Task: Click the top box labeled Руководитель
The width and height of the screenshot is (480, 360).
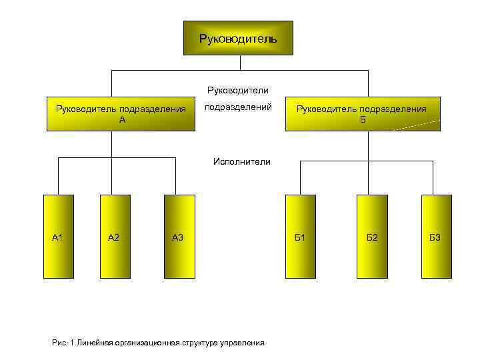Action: click(x=237, y=38)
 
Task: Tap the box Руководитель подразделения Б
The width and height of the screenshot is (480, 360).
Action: click(x=362, y=114)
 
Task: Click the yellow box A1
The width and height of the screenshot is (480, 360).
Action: click(x=59, y=236)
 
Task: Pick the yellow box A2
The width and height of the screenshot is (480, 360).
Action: click(x=114, y=236)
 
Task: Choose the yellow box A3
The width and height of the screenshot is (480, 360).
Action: click(x=178, y=236)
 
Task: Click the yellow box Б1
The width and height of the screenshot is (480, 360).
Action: click(x=300, y=236)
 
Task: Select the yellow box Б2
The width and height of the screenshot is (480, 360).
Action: click(x=371, y=236)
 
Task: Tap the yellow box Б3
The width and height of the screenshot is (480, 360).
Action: click(x=435, y=236)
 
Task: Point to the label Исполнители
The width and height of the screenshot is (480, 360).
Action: click(x=241, y=161)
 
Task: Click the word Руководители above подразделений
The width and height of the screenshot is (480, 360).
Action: click(x=238, y=90)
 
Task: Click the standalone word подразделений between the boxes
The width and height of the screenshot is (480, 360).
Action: click(x=238, y=107)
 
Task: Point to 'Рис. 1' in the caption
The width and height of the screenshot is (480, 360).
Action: click(x=62, y=343)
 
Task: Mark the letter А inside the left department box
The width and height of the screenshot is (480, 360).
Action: click(x=121, y=120)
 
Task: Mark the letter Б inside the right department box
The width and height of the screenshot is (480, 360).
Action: click(x=362, y=120)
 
